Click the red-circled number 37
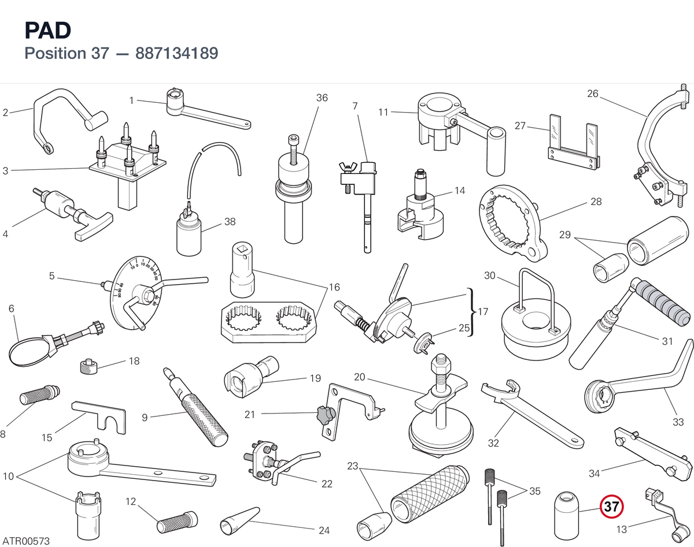[611, 507]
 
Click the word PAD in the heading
[48, 30]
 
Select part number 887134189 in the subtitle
[177, 53]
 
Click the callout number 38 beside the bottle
[230, 222]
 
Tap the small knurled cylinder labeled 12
[177, 522]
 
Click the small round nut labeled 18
[88, 367]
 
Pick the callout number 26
[593, 94]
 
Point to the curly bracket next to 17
[472, 312]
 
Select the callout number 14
[460, 191]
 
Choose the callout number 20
[360, 377]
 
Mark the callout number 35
[535, 491]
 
